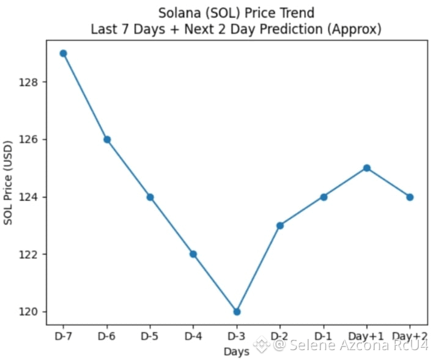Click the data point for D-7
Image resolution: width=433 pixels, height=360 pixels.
tap(63, 53)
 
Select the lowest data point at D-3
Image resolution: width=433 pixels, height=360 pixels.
tap(237, 312)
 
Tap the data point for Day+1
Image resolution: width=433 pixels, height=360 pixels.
tap(367, 168)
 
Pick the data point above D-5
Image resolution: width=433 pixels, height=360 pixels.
tap(150, 197)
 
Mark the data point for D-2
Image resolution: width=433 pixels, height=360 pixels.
tap(280, 226)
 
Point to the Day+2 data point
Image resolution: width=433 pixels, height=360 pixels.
tap(410, 197)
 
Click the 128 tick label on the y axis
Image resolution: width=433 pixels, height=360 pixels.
tap(28, 82)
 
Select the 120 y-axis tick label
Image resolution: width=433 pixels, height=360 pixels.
tap(28, 312)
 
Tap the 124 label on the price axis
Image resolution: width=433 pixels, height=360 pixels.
tap(28, 197)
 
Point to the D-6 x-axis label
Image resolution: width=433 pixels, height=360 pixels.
tap(106, 336)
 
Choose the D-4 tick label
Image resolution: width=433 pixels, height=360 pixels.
tap(193, 336)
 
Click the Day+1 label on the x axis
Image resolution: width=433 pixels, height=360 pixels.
tap(366, 336)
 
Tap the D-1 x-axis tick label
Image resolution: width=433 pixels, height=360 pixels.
tap(323, 336)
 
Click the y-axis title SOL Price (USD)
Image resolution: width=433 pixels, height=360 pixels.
tap(8, 183)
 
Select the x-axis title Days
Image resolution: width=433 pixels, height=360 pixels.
tap(237, 351)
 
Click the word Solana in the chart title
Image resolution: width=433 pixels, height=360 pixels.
tap(179, 13)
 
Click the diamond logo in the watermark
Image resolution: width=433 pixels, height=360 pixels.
tap(262, 345)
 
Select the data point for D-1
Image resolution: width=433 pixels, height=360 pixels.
tap(324, 197)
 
